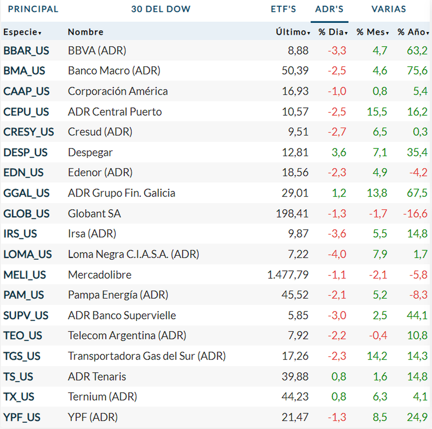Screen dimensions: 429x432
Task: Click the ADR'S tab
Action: [329, 9]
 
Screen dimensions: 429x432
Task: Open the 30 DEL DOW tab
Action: [161, 9]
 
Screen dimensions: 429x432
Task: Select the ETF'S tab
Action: [283, 9]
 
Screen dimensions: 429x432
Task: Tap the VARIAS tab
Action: [388, 9]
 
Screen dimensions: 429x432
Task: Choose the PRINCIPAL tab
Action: [33, 9]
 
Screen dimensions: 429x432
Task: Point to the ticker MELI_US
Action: [24, 275]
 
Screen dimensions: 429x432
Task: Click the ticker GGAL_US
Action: [26, 193]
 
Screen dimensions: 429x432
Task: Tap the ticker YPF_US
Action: [22, 417]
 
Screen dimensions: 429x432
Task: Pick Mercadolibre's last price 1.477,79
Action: [288, 275]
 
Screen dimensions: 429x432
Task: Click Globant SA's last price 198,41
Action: [292, 214]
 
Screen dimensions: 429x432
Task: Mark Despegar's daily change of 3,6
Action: [339, 153]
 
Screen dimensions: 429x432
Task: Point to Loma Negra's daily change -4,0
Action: [337, 254]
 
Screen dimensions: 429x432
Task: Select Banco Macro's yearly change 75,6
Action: [417, 71]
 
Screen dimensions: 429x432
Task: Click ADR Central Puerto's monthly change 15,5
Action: [377, 112]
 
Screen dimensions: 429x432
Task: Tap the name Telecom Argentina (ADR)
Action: [127, 336]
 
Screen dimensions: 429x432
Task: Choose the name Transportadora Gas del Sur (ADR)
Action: [147, 356]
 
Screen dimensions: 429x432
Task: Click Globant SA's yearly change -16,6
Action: [415, 214]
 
